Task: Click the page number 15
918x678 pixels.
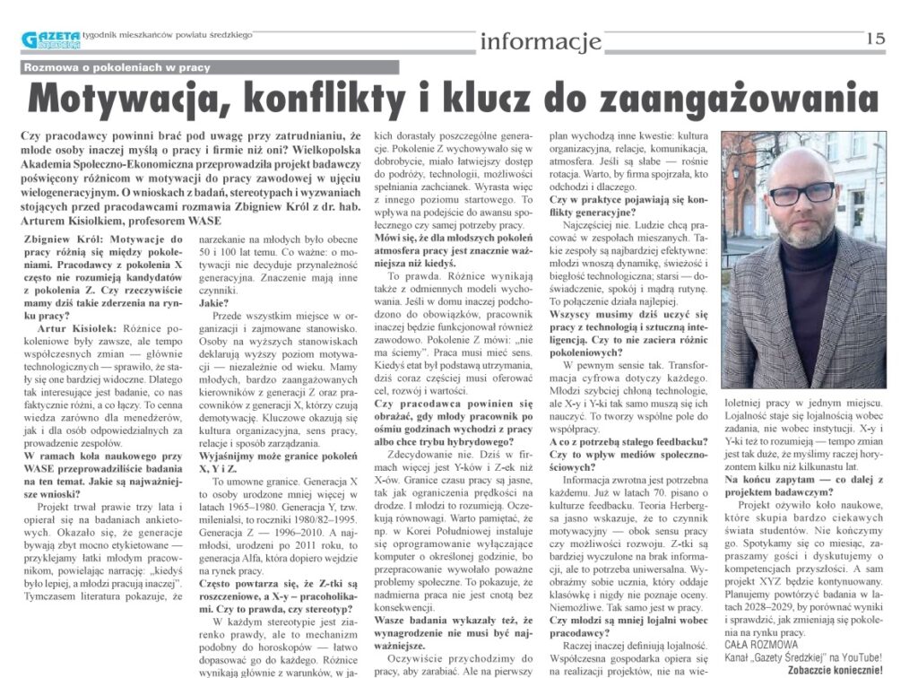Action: pyautogui.click(x=876, y=39)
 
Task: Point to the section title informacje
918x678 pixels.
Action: pyautogui.click(x=540, y=40)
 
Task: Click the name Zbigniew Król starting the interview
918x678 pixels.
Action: pyautogui.click(x=57, y=240)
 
